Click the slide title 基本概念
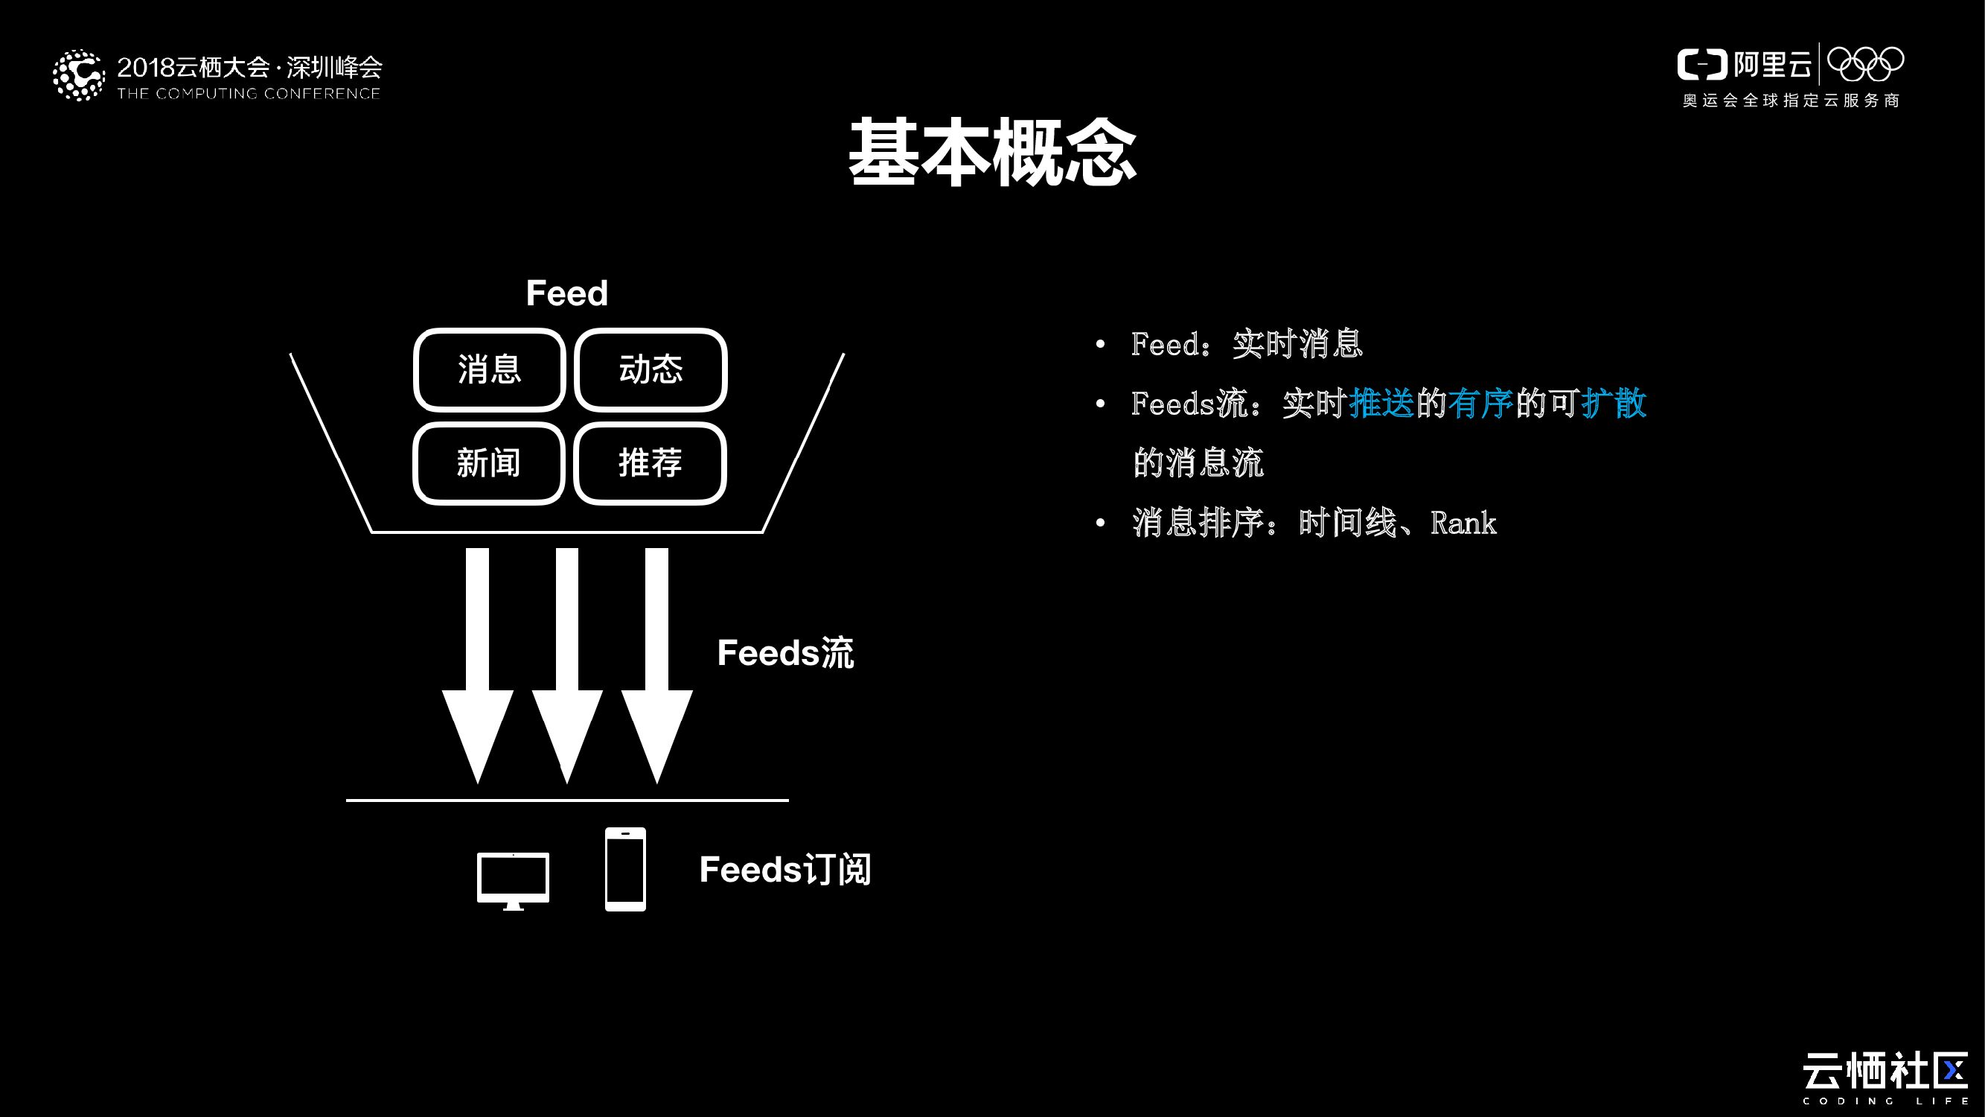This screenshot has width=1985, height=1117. (993, 153)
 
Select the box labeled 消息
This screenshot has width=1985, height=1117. (489, 369)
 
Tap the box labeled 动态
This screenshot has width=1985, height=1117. (651, 369)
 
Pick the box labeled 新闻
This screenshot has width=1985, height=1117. (489, 463)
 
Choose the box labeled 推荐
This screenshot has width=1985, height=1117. (651, 463)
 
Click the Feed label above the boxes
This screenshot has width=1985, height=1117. (566, 293)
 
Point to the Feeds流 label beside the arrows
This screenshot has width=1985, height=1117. (785, 653)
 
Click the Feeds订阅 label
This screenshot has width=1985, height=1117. (784, 870)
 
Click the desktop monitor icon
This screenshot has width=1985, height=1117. (514, 879)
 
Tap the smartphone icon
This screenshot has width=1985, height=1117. (625, 869)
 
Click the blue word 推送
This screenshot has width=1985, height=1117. (1381, 403)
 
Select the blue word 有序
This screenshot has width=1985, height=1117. (1480, 403)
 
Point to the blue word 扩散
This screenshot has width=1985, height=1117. (1614, 403)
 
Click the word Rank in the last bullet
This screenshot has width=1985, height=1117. (1463, 524)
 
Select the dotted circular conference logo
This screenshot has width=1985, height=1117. (79, 75)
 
